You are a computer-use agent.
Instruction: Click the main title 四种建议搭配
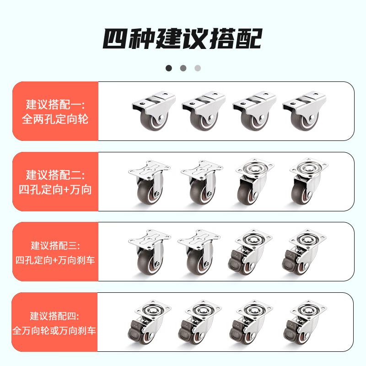(183, 38)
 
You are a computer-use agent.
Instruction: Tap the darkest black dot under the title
(169, 68)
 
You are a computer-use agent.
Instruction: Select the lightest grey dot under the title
(198, 68)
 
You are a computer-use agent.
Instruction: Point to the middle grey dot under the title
(183, 68)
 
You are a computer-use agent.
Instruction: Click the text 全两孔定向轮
(55, 119)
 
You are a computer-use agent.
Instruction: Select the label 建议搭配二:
(55, 175)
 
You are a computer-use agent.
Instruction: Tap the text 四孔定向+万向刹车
(55, 260)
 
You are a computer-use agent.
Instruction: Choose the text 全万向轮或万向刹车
(54, 331)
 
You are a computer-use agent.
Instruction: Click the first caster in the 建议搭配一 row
(154, 111)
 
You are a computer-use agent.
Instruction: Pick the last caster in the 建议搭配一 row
(304, 111)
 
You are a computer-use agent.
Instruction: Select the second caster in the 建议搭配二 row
(202, 182)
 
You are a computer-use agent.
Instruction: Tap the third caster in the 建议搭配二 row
(254, 182)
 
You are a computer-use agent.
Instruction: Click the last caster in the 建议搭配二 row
(308, 182)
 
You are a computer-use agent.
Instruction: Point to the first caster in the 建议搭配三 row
(150, 252)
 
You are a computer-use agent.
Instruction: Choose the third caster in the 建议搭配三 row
(250, 252)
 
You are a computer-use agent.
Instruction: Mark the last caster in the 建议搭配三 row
(304, 252)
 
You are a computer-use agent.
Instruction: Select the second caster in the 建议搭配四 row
(200, 322)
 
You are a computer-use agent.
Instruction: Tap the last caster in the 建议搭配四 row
(305, 322)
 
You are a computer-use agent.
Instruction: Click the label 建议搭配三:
(55, 246)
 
